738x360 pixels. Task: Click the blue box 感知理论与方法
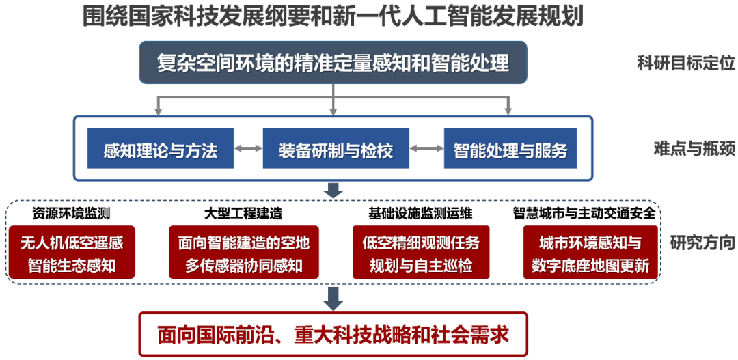click(x=161, y=148)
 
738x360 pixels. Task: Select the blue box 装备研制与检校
click(x=336, y=148)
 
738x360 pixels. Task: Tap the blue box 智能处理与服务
click(x=510, y=148)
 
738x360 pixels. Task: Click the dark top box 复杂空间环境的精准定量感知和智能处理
click(x=333, y=64)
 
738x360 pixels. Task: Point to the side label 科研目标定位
click(x=685, y=64)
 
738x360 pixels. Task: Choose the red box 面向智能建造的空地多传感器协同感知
click(x=244, y=253)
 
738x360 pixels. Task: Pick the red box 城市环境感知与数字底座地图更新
click(x=590, y=253)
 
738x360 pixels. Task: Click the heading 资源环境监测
click(x=72, y=213)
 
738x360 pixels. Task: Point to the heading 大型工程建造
click(x=243, y=213)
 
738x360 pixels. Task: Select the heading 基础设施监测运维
click(x=420, y=213)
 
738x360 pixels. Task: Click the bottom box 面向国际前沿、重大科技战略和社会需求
click(x=333, y=334)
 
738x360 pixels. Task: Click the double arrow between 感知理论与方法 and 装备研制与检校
click(x=249, y=148)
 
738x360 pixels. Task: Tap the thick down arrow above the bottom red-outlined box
click(x=333, y=297)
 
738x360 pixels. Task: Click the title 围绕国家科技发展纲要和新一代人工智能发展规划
click(x=333, y=16)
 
